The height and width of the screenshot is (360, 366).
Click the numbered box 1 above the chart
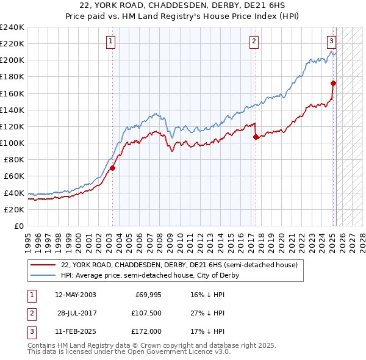pyautogui.click(x=110, y=41)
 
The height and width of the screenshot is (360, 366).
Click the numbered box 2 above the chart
pyautogui.click(x=253, y=41)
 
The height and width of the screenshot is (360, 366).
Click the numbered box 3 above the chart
pyautogui.click(x=331, y=41)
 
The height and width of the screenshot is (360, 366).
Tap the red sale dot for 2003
pyautogui.click(x=112, y=168)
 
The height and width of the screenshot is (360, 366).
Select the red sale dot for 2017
pyautogui.click(x=256, y=137)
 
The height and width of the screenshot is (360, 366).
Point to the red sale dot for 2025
pyautogui.click(x=334, y=83)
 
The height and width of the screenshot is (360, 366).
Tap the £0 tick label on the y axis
pyautogui.click(x=18, y=226)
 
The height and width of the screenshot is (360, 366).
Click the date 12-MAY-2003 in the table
pyautogui.click(x=75, y=295)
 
